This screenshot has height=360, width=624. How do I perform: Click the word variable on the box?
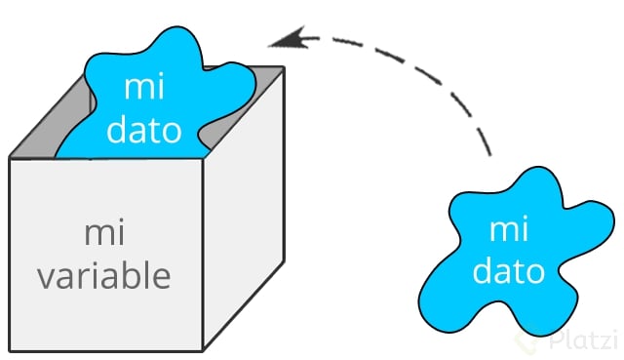(x=104, y=275)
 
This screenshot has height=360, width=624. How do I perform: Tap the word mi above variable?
(x=103, y=234)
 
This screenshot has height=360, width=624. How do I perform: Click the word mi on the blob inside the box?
(x=143, y=87)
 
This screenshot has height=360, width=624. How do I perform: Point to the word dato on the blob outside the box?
(x=509, y=270)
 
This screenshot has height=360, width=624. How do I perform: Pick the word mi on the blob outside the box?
(x=508, y=230)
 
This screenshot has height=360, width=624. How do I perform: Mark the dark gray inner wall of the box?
(x=39, y=137)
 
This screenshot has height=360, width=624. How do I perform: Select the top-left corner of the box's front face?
(x=9, y=157)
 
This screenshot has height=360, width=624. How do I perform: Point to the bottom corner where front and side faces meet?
(x=202, y=349)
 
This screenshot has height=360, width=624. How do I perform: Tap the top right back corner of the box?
(x=284, y=67)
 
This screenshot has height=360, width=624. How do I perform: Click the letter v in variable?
(x=45, y=277)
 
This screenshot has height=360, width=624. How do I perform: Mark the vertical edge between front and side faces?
(x=202, y=254)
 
